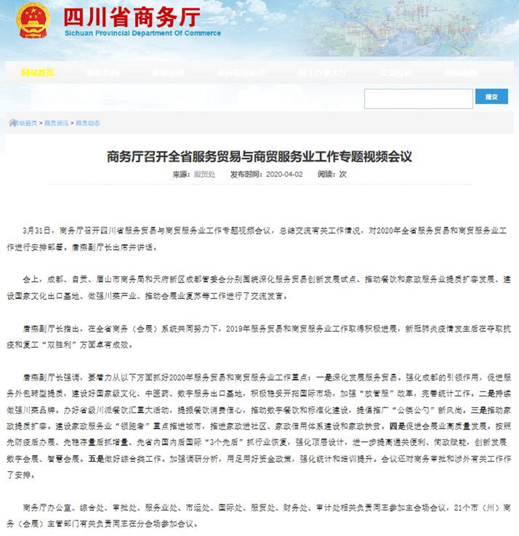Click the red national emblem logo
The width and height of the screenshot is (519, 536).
[x=33, y=21]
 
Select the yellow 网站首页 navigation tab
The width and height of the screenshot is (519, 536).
[x=38, y=73]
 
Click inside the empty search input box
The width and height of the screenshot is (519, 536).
[x=418, y=98]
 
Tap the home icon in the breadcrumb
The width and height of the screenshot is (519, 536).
[x=13, y=123]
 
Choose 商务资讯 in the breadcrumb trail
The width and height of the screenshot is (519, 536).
[x=56, y=123]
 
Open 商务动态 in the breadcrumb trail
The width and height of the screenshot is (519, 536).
[x=88, y=123]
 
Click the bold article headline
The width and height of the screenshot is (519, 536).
[x=259, y=156]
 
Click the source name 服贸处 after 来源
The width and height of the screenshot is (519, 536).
[x=204, y=175]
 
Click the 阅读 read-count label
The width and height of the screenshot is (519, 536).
[x=327, y=175]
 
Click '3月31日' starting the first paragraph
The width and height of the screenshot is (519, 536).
[x=36, y=230]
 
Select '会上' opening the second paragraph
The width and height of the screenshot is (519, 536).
[x=30, y=279]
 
